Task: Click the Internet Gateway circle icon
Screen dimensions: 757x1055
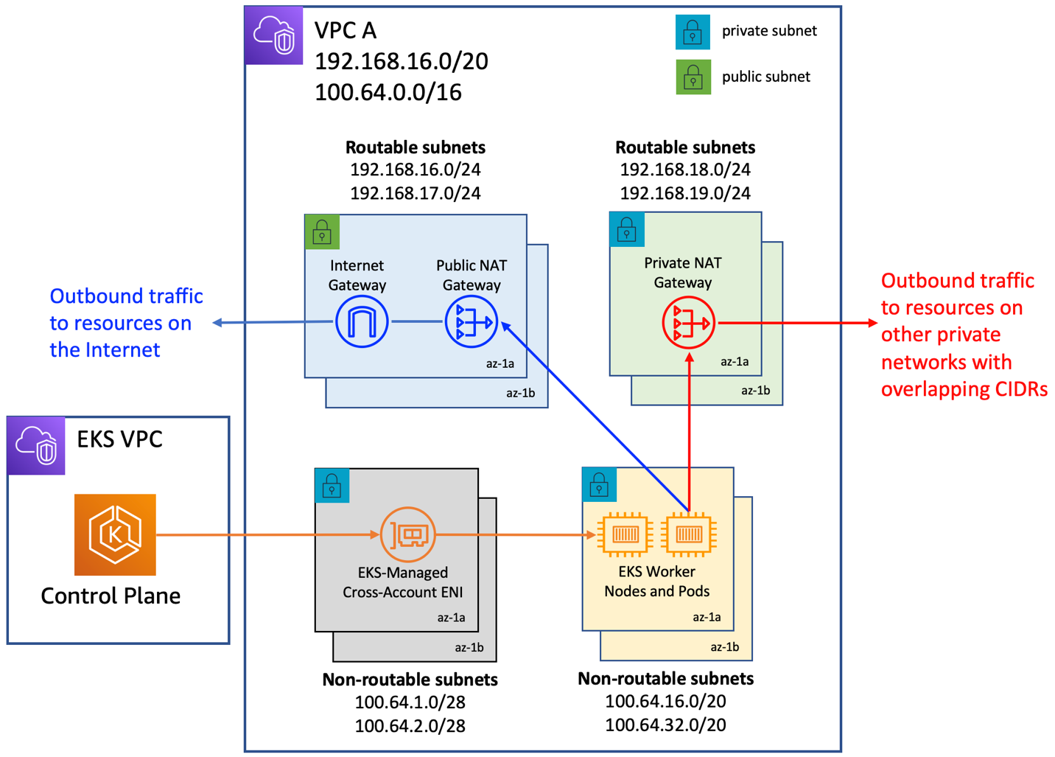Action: click(361, 322)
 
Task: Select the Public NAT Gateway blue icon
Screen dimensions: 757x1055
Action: click(472, 322)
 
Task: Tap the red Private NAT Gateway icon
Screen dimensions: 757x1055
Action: click(688, 323)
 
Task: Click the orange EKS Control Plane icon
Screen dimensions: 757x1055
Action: click(115, 534)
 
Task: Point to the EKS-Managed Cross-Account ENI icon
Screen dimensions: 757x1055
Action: click(407, 534)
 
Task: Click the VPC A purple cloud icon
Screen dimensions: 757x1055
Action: click(274, 35)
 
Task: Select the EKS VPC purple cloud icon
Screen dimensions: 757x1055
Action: click(36, 445)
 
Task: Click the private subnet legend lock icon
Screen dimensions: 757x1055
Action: click(693, 32)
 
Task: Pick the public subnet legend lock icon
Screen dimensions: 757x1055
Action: click(693, 77)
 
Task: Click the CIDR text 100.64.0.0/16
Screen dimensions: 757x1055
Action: click(388, 93)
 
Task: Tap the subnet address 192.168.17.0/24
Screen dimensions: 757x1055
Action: click(415, 193)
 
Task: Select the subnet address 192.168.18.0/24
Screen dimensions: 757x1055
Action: click(684, 170)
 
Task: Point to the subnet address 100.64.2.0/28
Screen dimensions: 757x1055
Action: click(410, 726)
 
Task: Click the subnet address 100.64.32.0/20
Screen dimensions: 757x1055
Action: click(665, 725)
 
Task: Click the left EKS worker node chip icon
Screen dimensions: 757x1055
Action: click(625, 534)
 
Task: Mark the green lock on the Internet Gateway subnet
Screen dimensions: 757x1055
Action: click(322, 233)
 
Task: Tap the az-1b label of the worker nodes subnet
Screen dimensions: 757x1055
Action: click(724, 647)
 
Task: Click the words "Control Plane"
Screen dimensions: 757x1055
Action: click(111, 596)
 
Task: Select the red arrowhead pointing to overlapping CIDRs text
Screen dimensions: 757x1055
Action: click(873, 323)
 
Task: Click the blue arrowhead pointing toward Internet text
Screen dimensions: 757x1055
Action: click(217, 323)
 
